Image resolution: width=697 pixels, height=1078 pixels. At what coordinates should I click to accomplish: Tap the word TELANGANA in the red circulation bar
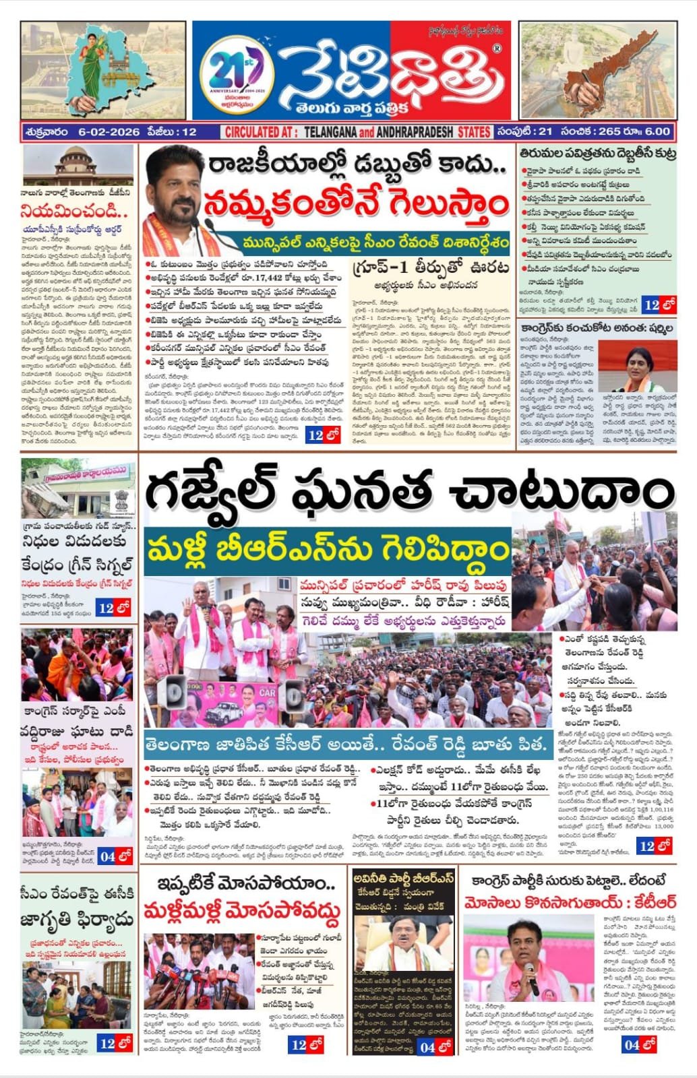click(x=334, y=132)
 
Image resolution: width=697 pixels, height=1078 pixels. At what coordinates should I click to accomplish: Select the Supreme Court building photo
click(x=78, y=166)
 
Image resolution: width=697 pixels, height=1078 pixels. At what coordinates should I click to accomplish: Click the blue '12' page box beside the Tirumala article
click(x=659, y=305)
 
